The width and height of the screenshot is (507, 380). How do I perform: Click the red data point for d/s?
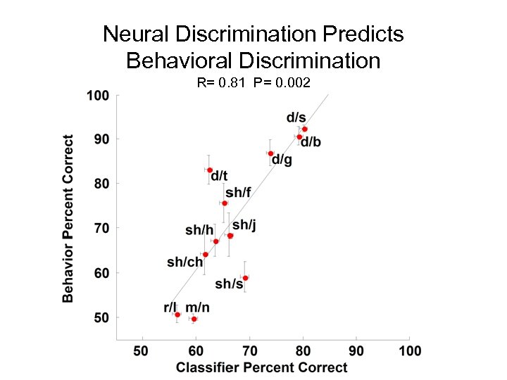(304, 129)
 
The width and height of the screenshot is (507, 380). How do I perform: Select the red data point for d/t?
(210, 170)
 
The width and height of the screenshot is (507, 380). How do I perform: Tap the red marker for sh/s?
(245, 278)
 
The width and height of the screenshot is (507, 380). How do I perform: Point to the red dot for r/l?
(177, 315)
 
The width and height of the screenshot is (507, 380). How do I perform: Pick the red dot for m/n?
(194, 319)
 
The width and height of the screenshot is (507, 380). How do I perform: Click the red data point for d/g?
(270, 153)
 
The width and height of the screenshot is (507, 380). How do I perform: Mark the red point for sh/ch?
(205, 255)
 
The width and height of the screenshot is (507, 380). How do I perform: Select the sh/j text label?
(244, 224)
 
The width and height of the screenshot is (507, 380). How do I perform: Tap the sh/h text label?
(199, 230)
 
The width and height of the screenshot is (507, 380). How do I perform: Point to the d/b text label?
(311, 144)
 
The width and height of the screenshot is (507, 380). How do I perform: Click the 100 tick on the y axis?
(97, 95)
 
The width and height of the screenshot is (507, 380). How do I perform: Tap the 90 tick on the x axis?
(357, 350)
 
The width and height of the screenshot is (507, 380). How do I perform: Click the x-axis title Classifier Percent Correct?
(261, 367)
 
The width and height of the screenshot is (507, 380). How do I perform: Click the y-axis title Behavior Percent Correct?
(68, 218)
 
